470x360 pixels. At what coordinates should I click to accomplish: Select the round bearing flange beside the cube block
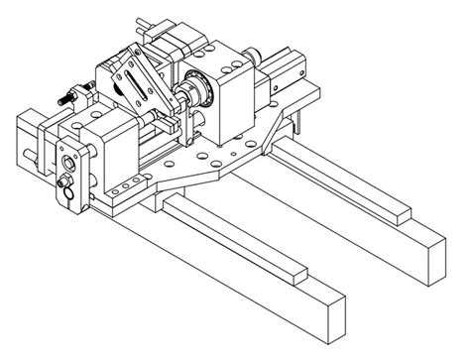[205, 94]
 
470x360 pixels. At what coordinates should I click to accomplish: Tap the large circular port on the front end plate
[71, 158]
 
